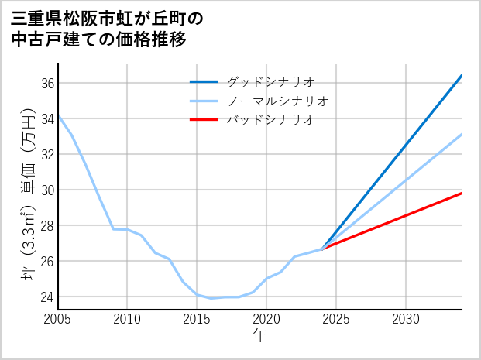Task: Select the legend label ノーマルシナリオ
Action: coord(278,101)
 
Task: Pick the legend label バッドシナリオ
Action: coord(270,119)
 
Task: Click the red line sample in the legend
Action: coord(204,119)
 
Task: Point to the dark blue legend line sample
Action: coord(204,81)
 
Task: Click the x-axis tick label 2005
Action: coord(58,319)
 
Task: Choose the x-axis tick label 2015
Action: coord(197,319)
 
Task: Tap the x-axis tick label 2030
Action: coord(406,319)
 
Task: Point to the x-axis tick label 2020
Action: coord(266,319)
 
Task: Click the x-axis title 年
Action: coord(259,335)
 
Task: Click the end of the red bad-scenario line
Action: coord(462,193)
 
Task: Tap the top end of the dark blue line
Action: coord(462,76)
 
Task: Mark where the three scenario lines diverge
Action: coord(322,249)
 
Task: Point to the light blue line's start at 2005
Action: coord(58,116)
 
